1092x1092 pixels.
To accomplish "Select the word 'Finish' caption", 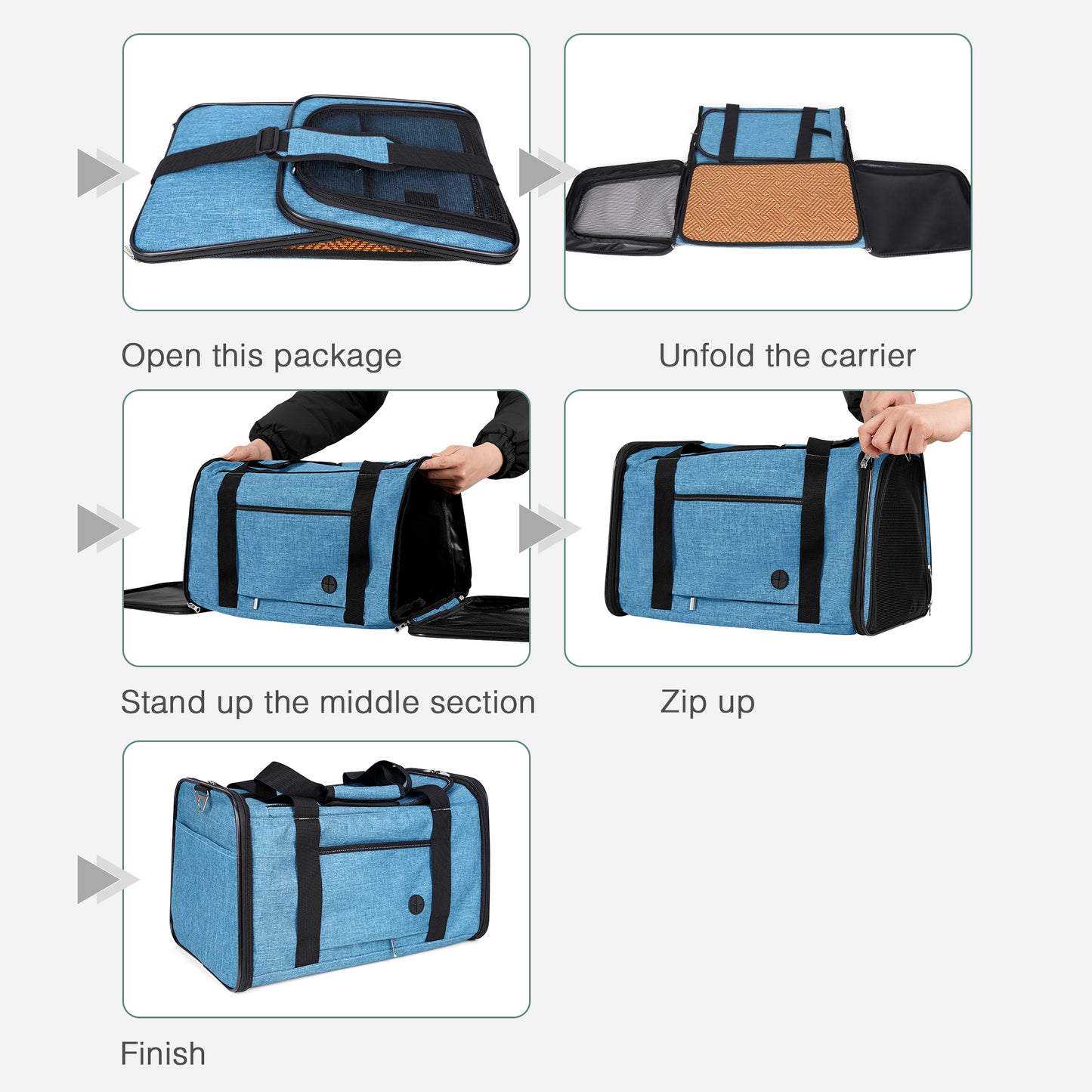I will (163, 1053).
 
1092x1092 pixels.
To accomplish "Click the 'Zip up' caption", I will (707, 702).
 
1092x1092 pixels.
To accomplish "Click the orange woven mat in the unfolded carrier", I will (769, 202).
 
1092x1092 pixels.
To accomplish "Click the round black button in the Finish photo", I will (416, 904).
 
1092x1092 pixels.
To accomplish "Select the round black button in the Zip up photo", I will (779, 580).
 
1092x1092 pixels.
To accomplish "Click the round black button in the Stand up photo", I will (329, 583).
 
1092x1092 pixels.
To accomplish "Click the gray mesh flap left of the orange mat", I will (623, 206).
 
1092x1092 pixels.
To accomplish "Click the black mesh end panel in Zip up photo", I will (899, 544).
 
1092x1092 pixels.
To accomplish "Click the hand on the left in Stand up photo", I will (248, 452).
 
